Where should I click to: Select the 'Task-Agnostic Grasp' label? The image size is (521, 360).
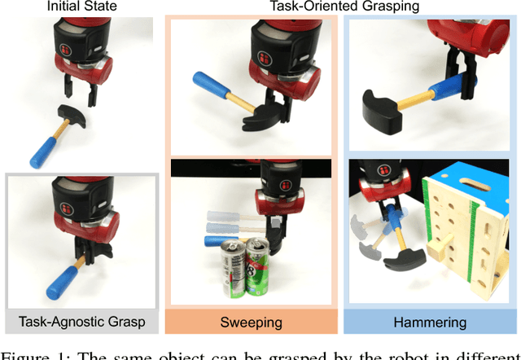(x=81, y=321)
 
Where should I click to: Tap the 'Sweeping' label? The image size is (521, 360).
(x=252, y=321)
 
